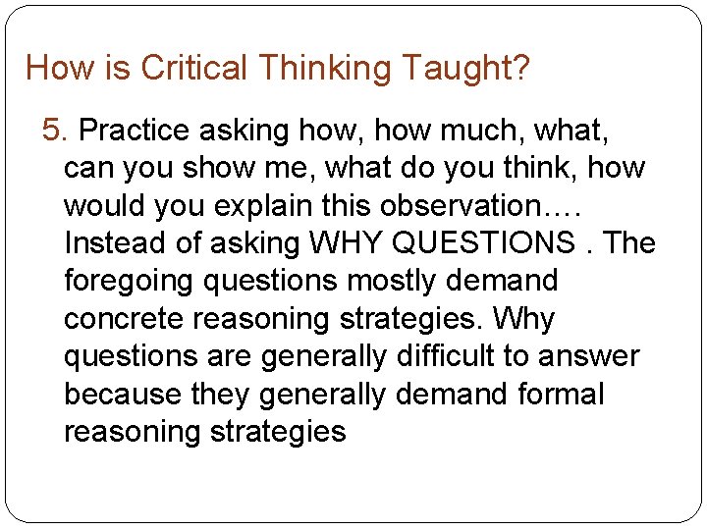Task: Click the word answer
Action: [593, 356]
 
